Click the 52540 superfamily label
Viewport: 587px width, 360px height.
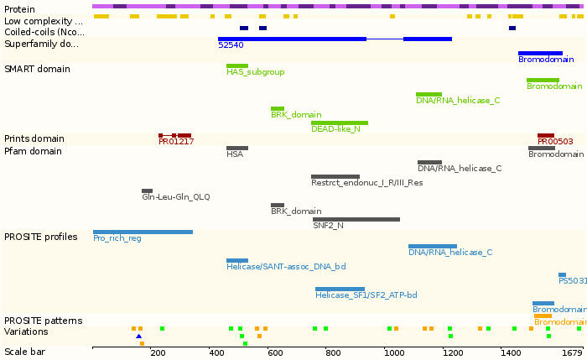coord(231,45)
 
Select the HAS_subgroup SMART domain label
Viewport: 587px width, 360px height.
coord(255,72)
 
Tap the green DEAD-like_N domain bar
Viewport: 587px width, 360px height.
coord(340,123)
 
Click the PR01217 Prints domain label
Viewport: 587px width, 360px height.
coord(176,142)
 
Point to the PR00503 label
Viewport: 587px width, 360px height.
coord(555,142)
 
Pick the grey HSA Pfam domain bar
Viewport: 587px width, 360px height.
coord(237,148)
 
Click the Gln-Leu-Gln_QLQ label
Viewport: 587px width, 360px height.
coord(176,197)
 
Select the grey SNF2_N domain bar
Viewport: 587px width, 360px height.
coord(356,219)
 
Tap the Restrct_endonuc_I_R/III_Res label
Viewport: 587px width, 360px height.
coord(367,183)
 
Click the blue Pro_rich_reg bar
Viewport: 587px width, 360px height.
coord(143,232)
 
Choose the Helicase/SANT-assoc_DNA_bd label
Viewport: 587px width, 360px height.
coord(286,267)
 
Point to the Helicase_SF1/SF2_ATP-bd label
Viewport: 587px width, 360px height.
coord(366,295)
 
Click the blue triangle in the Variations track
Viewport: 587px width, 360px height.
coord(139,337)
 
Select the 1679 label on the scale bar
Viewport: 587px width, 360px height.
coord(573,352)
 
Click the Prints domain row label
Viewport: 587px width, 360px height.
coord(34,138)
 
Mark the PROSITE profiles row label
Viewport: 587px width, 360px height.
coord(41,237)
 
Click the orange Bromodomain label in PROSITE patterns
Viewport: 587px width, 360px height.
coord(560,322)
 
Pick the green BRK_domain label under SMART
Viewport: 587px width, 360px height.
coord(296,115)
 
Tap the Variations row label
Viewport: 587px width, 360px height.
coord(26,332)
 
